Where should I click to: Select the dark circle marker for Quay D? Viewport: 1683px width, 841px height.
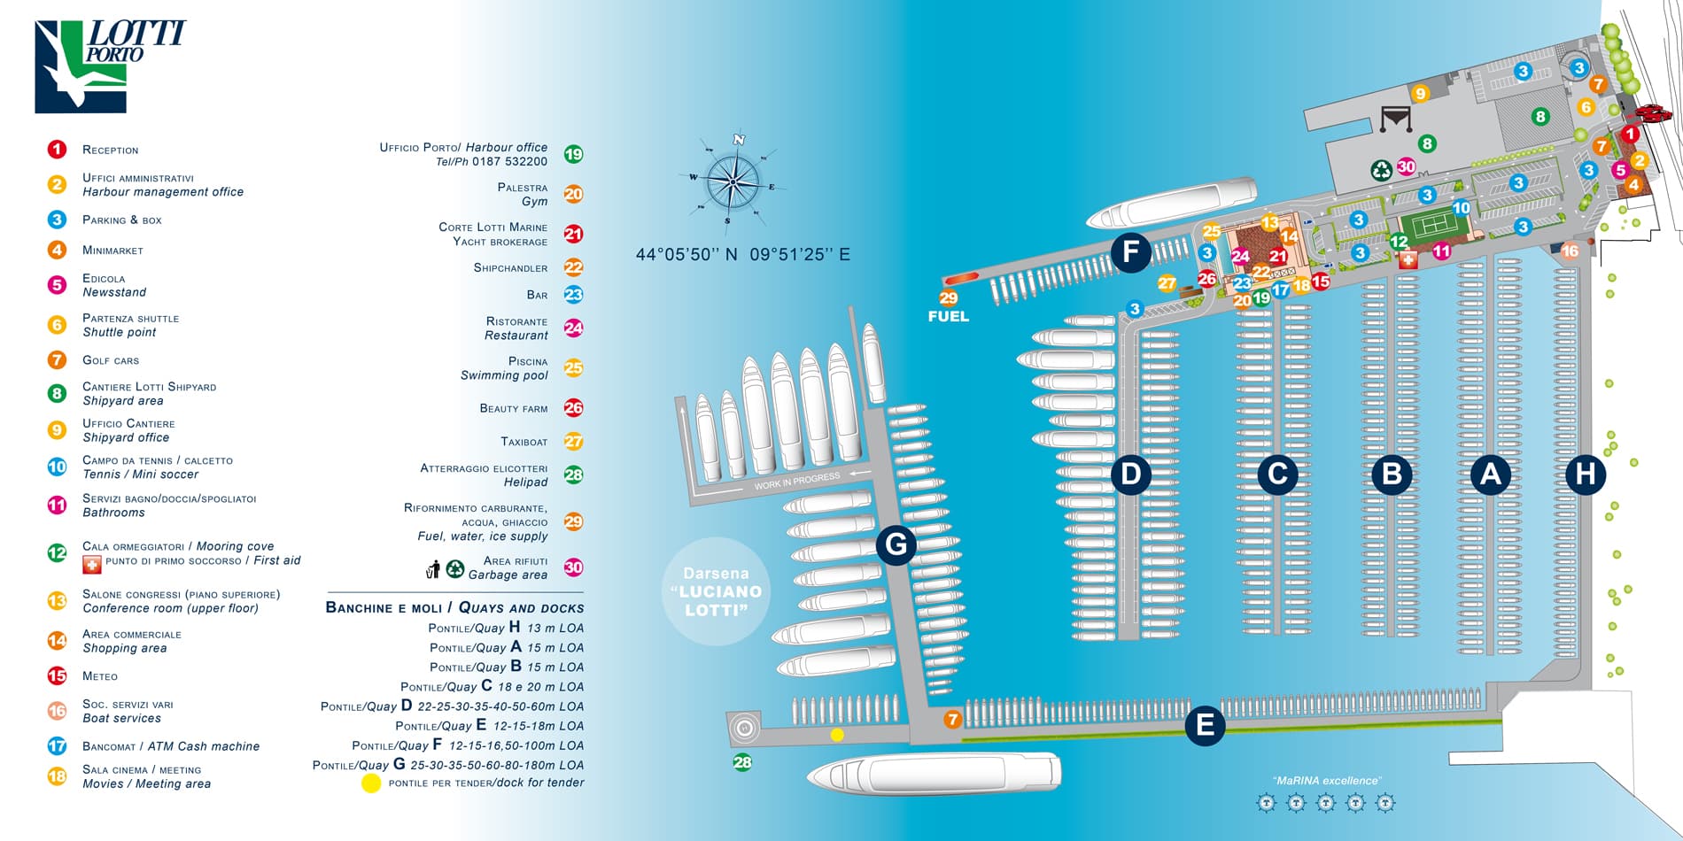(x=1131, y=475)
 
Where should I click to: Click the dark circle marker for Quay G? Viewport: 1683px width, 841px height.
(x=896, y=544)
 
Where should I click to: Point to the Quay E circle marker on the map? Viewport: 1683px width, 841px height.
(x=1205, y=725)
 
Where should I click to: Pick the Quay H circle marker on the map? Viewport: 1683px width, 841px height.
(x=1585, y=475)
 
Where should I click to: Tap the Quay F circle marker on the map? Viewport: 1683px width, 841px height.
(x=1131, y=251)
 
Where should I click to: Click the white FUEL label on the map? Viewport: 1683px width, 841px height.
(x=948, y=316)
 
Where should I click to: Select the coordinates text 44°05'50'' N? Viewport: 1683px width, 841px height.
(x=686, y=255)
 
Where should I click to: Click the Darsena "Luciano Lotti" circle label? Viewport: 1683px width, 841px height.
(x=716, y=591)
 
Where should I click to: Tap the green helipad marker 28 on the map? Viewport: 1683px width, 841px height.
(x=742, y=762)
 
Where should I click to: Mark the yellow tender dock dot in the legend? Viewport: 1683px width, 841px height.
(x=371, y=783)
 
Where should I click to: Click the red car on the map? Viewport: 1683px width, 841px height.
(x=1653, y=113)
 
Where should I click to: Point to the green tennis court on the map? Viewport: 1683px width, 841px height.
(x=1434, y=226)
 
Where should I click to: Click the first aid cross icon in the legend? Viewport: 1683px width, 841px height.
(x=91, y=564)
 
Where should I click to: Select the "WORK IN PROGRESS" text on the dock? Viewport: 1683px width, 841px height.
(x=796, y=482)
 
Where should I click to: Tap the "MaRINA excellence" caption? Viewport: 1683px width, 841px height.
(x=1326, y=781)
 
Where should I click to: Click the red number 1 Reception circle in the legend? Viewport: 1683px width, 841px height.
(x=57, y=150)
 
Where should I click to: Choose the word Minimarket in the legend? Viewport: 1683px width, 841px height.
(x=112, y=251)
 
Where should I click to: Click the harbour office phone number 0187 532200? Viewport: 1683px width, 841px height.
(x=509, y=162)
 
